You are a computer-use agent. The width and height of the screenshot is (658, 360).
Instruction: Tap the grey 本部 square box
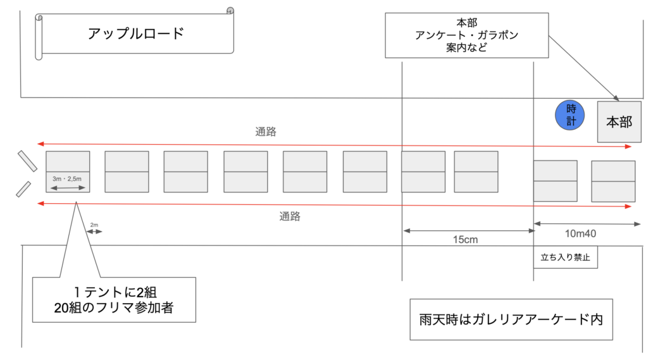(x=619, y=121)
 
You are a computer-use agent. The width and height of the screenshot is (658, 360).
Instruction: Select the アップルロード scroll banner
(x=135, y=33)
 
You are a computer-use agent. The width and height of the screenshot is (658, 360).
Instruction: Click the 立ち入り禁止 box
(x=565, y=258)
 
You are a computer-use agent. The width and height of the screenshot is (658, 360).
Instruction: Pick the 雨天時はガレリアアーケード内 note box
(x=511, y=318)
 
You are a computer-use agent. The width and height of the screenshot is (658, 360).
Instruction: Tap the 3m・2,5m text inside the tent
(x=67, y=180)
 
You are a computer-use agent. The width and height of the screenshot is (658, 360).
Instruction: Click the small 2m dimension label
(x=94, y=225)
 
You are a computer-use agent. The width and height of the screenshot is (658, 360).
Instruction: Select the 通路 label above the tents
(x=266, y=132)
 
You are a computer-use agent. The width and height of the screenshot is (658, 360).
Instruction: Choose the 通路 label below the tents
(x=290, y=216)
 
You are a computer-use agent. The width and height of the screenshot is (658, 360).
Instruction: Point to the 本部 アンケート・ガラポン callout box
(x=467, y=35)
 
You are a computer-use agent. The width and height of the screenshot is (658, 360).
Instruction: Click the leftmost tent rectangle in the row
(x=68, y=171)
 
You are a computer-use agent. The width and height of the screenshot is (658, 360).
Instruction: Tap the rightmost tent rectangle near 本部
(x=613, y=181)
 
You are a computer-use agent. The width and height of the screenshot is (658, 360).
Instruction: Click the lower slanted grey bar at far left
(x=23, y=189)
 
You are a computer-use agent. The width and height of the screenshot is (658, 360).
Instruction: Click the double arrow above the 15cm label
(x=468, y=230)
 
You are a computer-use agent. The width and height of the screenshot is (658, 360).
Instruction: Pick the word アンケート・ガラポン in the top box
(x=467, y=35)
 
